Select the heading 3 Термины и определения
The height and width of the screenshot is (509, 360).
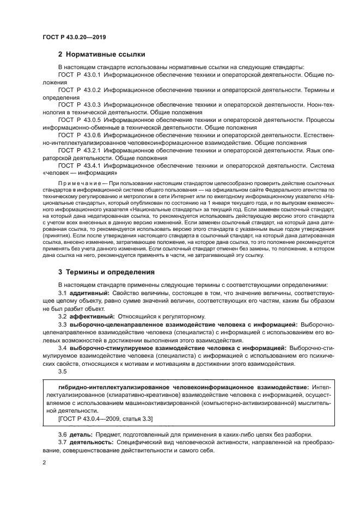click(x=106, y=272)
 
